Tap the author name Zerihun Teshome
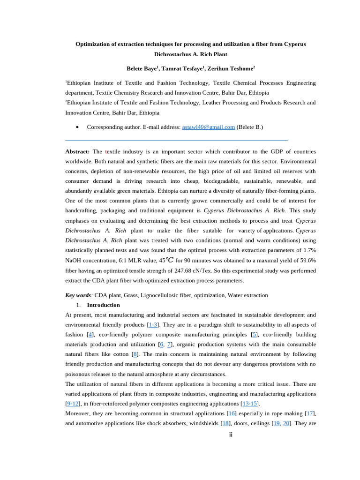[230, 68]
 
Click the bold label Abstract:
[77, 151]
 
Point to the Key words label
[78, 295]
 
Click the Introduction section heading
[103, 305]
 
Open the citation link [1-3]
[153, 325]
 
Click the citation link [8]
[135, 354]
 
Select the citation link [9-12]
[73, 404]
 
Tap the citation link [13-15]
[249, 404]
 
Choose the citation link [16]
[231, 413]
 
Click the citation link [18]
[225, 423]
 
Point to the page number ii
[231, 435]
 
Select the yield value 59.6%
[307, 261]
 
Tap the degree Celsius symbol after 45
[169, 260]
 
